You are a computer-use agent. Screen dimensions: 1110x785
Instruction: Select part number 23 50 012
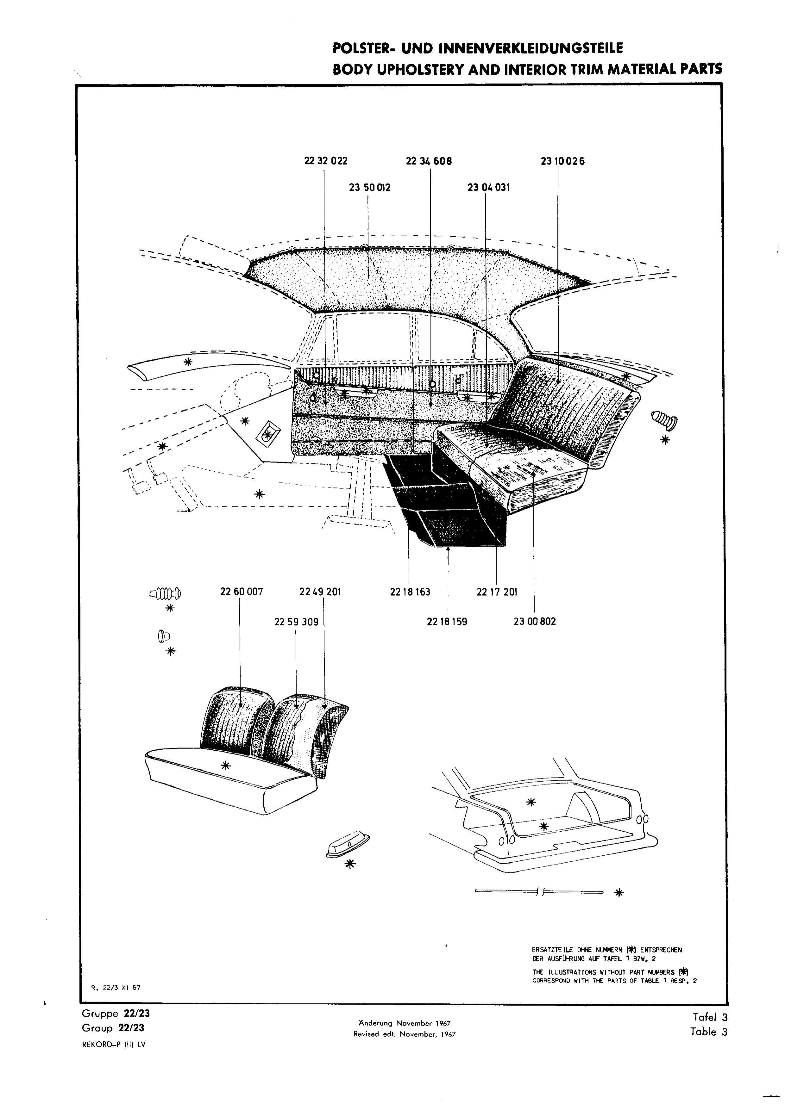(369, 188)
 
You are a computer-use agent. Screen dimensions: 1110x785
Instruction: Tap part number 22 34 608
(429, 161)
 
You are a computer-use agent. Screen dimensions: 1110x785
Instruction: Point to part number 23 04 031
(488, 188)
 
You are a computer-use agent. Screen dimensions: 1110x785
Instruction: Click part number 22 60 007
(241, 592)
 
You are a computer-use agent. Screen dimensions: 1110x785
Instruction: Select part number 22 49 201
(320, 592)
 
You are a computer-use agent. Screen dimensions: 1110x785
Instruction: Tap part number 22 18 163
(410, 592)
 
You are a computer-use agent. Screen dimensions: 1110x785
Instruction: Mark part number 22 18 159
(447, 622)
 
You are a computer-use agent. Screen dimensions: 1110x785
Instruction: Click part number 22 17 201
(497, 592)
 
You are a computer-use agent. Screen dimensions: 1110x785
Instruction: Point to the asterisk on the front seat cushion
(225, 765)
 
